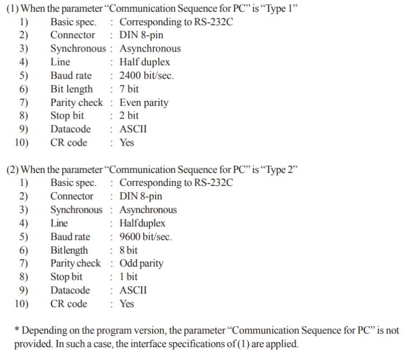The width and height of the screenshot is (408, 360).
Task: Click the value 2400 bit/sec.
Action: [147, 76]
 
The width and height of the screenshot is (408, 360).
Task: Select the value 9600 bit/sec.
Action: [146, 237]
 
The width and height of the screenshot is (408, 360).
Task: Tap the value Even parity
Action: [144, 102]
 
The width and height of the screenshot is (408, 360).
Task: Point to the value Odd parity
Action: [142, 263]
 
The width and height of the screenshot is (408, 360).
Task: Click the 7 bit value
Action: [129, 89]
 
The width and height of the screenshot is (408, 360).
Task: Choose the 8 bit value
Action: [128, 250]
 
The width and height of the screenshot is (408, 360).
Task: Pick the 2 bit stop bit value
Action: [129, 116]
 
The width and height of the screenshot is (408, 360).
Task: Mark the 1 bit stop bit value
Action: [128, 277]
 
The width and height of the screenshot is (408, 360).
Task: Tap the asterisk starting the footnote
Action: [16, 330]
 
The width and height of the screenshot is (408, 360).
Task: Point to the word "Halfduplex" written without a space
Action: [142, 223]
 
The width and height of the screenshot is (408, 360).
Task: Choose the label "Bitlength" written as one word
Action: [69, 250]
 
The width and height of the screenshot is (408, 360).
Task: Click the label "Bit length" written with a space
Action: [72, 89]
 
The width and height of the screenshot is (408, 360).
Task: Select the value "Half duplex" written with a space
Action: [144, 62]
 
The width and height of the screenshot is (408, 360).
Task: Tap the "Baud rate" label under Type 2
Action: [70, 237]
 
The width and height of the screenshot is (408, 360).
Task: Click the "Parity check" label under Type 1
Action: [77, 102]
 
